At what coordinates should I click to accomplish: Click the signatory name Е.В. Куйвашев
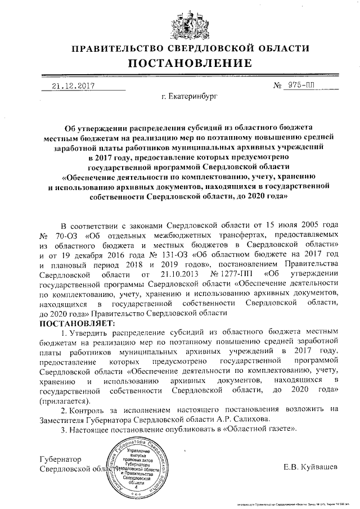click(311, 467)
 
